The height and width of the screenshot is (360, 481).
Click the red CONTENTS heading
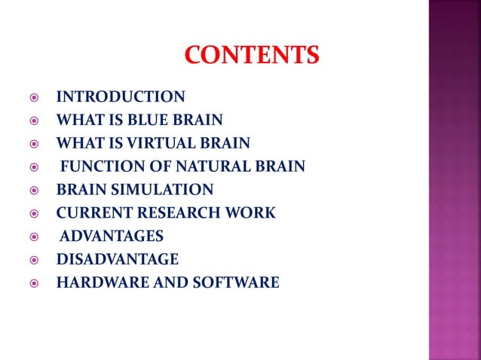click(x=252, y=55)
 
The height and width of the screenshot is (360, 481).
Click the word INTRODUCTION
click(x=121, y=96)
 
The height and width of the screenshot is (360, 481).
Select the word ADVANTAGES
click(x=112, y=236)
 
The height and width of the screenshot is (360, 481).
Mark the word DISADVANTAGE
click(x=118, y=260)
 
